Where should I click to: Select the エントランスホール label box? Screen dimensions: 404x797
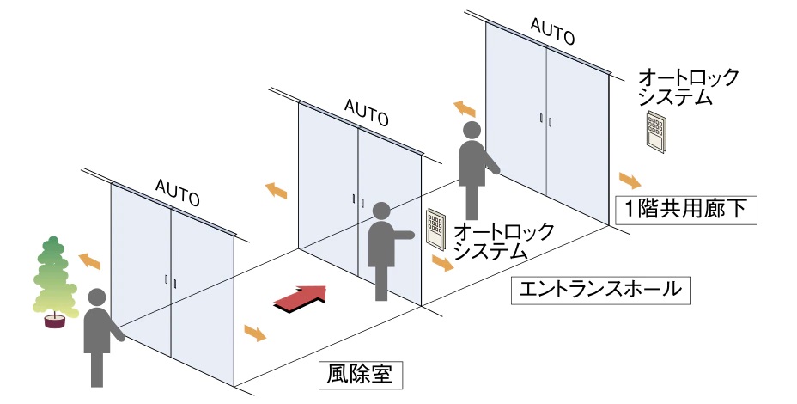(599, 290)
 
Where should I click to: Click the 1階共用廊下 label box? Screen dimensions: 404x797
(686, 209)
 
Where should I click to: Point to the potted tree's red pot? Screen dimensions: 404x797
(56, 321)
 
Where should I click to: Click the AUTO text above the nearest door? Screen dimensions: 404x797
(179, 192)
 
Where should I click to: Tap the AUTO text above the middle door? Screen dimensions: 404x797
(365, 110)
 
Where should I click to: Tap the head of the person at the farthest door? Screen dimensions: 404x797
(472, 131)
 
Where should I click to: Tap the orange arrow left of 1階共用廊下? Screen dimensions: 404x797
(628, 181)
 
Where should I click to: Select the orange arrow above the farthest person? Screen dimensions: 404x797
(465, 109)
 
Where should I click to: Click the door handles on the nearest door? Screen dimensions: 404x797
(170, 281)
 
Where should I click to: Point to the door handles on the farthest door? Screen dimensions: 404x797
(544, 119)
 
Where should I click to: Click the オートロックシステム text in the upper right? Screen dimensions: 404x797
(688, 87)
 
